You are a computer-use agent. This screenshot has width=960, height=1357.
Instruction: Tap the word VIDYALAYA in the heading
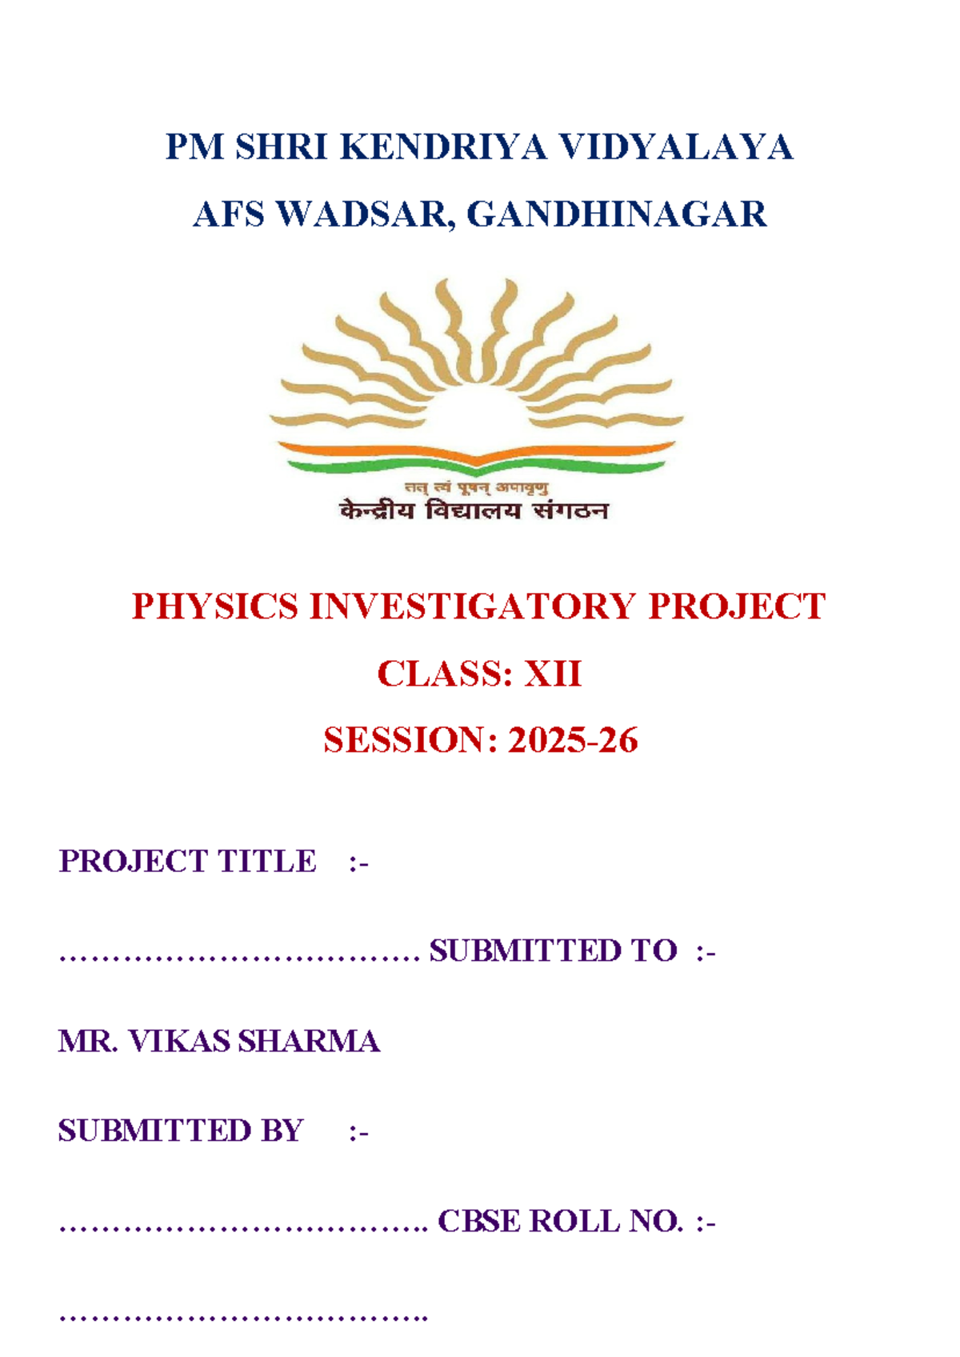point(675,148)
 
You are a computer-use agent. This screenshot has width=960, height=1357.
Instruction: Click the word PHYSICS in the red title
point(214,606)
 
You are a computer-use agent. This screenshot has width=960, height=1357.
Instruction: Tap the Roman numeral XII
point(552,674)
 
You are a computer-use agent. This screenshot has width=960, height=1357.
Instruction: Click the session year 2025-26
point(573,740)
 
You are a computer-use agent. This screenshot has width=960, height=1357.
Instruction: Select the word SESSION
point(403,740)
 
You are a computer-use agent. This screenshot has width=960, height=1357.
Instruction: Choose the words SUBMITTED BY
point(181,1131)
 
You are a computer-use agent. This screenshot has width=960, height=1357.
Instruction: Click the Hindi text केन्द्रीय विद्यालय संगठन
point(474,510)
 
